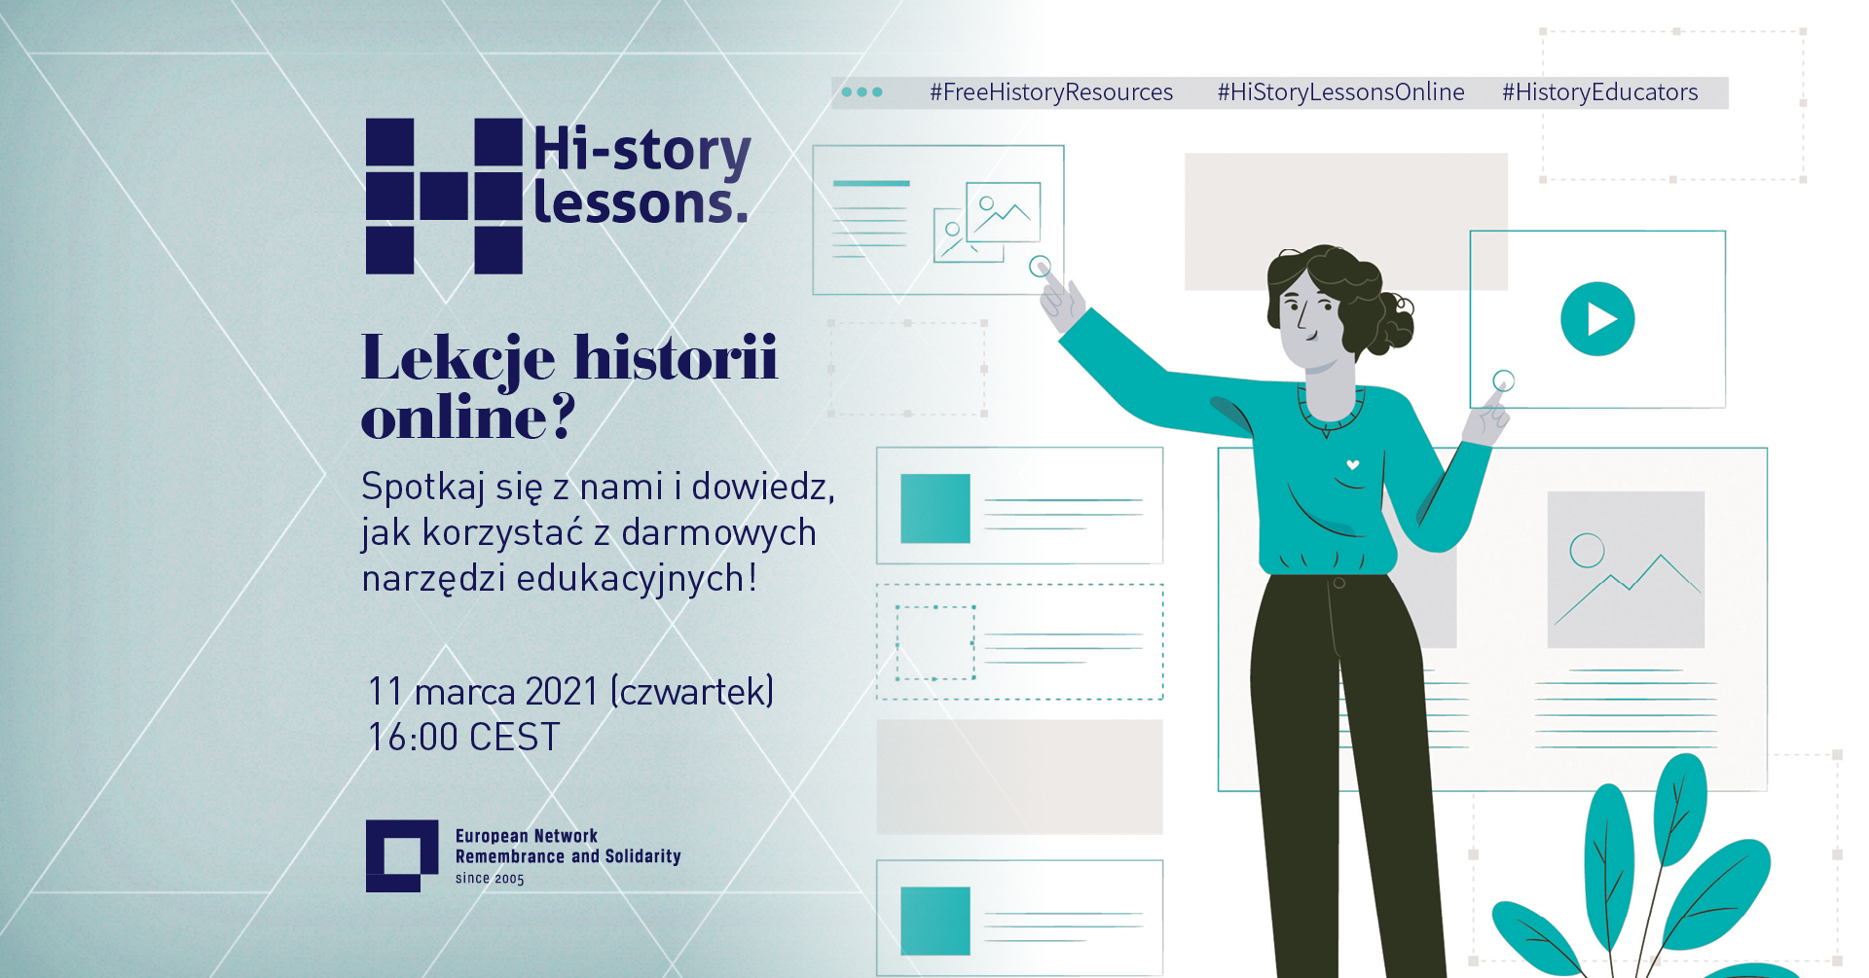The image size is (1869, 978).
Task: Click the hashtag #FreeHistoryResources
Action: pyautogui.click(x=1051, y=92)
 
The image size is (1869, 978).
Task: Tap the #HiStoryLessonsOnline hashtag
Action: pyautogui.click(x=1340, y=92)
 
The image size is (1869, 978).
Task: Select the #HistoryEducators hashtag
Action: pyautogui.click(x=1599, y=92)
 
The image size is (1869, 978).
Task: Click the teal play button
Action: pyautogui.click(x=1597, y=319)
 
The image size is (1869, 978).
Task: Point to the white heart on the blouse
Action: pyautogui.click(x=1352, y=465)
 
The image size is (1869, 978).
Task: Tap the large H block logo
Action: pyautogui.click(x=444, y=196)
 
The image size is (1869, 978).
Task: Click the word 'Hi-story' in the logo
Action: pyautogui.click(x=642, y=151)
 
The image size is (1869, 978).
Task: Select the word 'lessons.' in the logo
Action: pyautogui.click(x=641, y=203)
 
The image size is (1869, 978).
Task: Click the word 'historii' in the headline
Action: pyautogui.click(x=676, y=357)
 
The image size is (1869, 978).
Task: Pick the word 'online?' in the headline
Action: pyautogui.click(x=468, y=417)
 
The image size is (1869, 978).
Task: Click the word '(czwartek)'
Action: pyautogui.click(x=692, y=692)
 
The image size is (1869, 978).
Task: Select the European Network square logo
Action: pyautogui.click(x=402, y=856)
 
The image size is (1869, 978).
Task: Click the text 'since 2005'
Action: pyautogui.click(x=490, y=878)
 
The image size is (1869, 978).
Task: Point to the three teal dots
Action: pyautogui.click(x=861, y=92)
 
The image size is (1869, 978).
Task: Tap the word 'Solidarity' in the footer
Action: pyautogui.click(x=642, y=856)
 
